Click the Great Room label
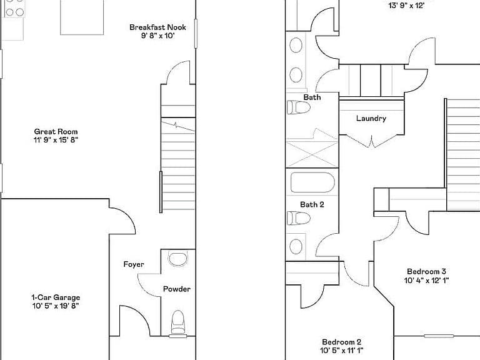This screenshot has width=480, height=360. coord(56,132)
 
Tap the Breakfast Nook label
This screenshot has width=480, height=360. coord(157,27)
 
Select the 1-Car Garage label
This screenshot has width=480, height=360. coord(56,297)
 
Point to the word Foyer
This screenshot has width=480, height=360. coord(134,264)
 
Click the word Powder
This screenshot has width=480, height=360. coord(177,289)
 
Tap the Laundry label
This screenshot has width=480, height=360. coord(371,119)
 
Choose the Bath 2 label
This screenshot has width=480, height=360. coord(312,204)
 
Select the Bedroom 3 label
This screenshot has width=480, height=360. coord(426,271)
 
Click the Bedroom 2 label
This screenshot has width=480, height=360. coord(342,342)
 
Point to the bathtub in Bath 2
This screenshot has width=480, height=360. coord(312,182)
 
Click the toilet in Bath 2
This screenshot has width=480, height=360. coord(299,218)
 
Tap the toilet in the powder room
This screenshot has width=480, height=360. coord(178,323)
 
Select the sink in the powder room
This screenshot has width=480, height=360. coord(178,259)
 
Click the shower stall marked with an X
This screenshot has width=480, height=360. coord(312,154)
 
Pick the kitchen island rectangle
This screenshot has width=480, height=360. coord(82,17)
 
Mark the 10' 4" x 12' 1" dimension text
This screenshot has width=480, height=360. coord(426,280)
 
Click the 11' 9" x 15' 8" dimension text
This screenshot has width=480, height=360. coord(56,140)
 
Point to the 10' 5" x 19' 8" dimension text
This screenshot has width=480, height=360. coord(56,306)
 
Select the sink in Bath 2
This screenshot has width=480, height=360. coord(296,246)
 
